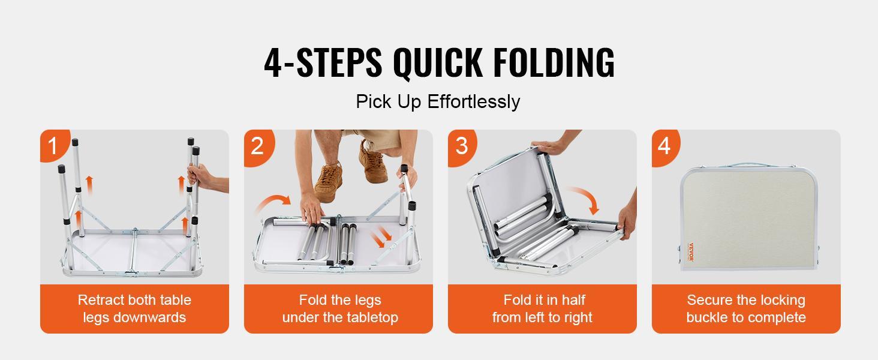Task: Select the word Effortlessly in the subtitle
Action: [x=474, y=101]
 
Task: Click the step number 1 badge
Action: [x=53, y=146]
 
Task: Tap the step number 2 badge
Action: [x=257, y=146]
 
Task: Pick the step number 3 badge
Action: [x=461, y=146]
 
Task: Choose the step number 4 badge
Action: [x=664, y=146]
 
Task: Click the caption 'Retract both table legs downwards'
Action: [x=134, y=308]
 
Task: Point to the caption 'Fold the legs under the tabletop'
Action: [x=339, y=308]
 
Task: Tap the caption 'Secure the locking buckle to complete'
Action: [x=746, y=308]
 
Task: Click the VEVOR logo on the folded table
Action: [x=690, y=252]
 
